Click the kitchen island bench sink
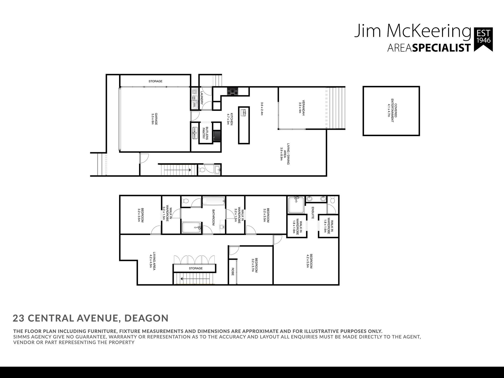point(244,112)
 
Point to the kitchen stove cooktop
point(233,92)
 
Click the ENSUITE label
point(313,213)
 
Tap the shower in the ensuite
point(296,205)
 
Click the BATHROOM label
point(213,218)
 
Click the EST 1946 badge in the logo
point(484,40)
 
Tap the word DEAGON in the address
point(146,318)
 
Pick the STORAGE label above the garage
point(155,81)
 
